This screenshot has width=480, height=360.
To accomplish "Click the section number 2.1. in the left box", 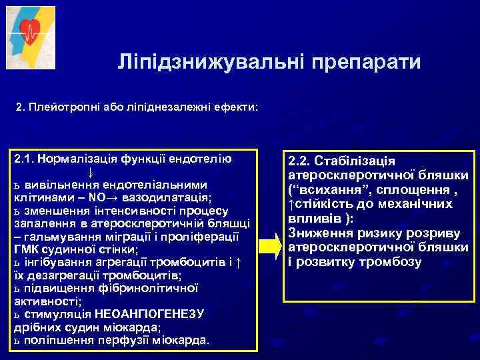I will point(25,159).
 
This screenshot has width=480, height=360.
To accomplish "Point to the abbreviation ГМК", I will point(27,250).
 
